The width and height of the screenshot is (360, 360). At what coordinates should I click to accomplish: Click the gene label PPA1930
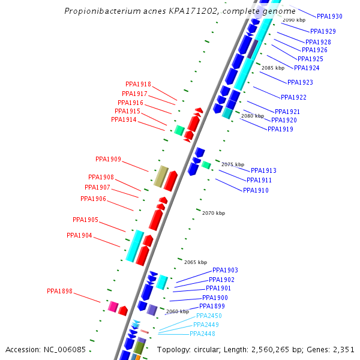pyautogui.click(x=329, y=16)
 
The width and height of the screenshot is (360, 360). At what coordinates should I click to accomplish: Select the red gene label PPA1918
pyautogui.click(x=138, y=85)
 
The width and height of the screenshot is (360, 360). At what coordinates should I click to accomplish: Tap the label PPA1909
pyautogui.click(x=108, y=160)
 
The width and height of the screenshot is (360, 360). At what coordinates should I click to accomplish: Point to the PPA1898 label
pyautogui.click(x=59, y=292)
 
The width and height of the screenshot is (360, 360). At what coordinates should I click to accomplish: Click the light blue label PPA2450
pyautogui.click(x=209, y=316)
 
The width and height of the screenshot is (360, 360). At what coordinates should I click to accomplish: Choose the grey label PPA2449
pyautogui.click(x=206, y=325)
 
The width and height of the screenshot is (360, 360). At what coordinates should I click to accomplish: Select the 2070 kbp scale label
pyautogui.click(x=214, y=213)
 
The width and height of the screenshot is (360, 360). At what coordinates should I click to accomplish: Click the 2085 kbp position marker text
pyautogui.click(x=273, y=68)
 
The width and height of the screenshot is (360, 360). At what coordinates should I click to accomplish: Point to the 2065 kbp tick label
pyautogui.click(x=196, y=262)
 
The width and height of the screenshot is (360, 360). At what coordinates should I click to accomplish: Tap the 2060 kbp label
pyautogui.click(x=178, y=311)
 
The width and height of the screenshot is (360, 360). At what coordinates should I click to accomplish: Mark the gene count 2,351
pyautogui.click(x=343, y=350)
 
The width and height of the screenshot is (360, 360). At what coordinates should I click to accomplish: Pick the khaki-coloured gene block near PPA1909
pyautogui.click(x=161, y=176)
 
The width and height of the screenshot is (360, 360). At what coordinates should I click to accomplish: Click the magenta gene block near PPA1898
pyautogui.click(x=112, y=307)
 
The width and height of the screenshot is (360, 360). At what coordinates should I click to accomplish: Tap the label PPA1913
pyautogui.click(x=263, y=170)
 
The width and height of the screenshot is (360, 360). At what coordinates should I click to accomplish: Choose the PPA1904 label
pyautogui.click(x=79, y=236)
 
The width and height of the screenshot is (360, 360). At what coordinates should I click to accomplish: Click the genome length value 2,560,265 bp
pyautogui.click(x=274, y=350)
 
